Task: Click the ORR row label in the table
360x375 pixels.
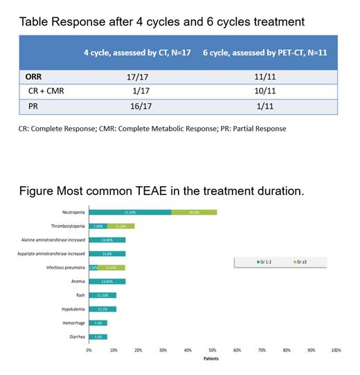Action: pyautogui.click(x=35, y=77)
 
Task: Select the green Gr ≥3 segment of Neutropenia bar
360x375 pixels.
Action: pyautogui.click(x=194, y=212)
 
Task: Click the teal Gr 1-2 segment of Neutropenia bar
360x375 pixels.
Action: pyautogui.click(x=130, y=212)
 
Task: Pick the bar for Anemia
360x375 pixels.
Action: pyautogui.click(x=107, y=282)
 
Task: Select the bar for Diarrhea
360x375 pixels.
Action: pyautogui.click(x=98, y=336)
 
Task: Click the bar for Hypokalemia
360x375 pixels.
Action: pyautogui.click(x=102, y=309)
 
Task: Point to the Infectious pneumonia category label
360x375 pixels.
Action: pyautogui.click(x=58, y=267)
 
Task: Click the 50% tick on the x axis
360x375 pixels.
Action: pyautogui.click(x=213, y=351)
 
